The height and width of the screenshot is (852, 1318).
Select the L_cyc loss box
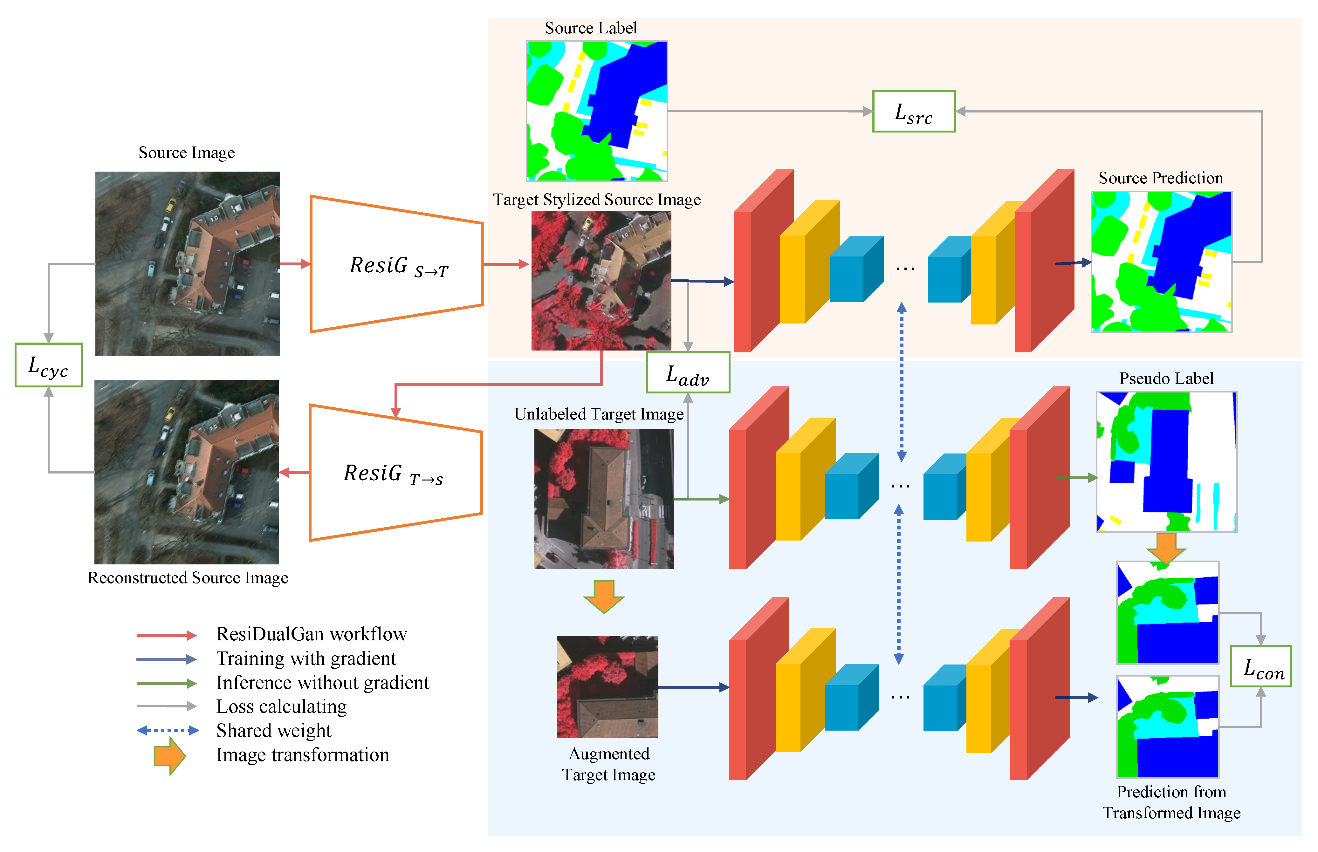click(x=49, y=365)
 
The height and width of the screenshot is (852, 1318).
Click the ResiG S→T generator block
click(x=396, y=264)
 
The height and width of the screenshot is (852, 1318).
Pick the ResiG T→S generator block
click(x=395, y=473)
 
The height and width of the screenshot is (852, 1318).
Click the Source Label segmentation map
click(x=596, y=111)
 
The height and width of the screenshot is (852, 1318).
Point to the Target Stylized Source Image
click(x=601, y=281)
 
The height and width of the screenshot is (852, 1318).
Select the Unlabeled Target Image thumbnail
click(x=604, y=499)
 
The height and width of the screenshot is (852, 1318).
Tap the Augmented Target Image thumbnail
click(x=607, y=686)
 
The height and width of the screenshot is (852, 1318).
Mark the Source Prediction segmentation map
click(x=1161, y=262)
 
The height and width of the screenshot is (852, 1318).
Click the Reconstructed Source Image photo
click(x=187, y=472)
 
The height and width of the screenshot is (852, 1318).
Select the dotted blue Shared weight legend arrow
click(x=168, y=730)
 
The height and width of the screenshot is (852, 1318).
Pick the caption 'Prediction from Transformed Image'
click(x=1171, y=802)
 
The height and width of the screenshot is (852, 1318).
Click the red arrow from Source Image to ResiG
click(x=295, y=264)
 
